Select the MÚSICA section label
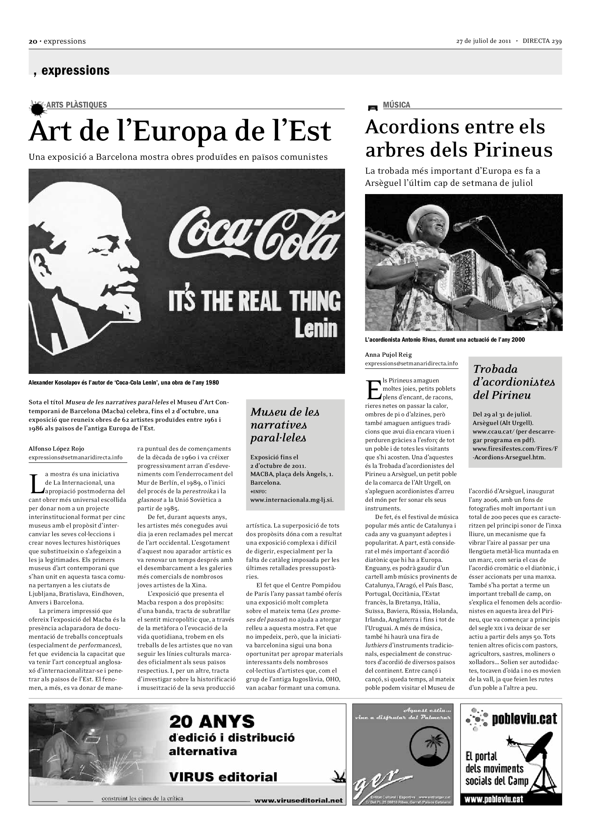396,105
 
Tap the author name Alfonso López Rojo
56,449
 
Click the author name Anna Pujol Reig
388,355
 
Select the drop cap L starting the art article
35,483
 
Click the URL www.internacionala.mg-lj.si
292,500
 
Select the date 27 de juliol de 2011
484,41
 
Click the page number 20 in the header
33,41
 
